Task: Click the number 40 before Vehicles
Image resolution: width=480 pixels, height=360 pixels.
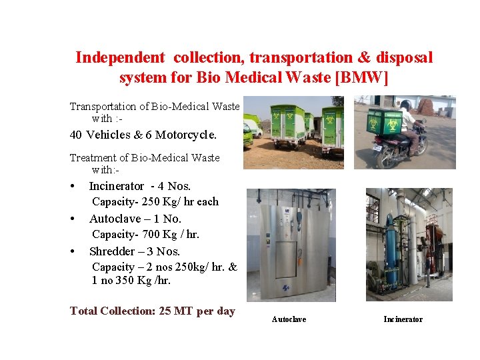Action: pyautogui.click(x=76, y=135)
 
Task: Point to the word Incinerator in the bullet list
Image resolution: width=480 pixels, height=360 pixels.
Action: pyautogui.click(x=117, y=186)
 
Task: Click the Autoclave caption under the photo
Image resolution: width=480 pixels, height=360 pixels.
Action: pyautogui.click(x=289, y=320)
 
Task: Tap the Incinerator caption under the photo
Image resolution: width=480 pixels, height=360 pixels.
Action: pyautogui.click(x=403, y=320)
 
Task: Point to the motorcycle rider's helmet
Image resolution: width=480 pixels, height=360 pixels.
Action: pyautogui.click(x=405, y=105)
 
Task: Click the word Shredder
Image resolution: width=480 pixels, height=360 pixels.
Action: pyautogui.click(x=115, y=251)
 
